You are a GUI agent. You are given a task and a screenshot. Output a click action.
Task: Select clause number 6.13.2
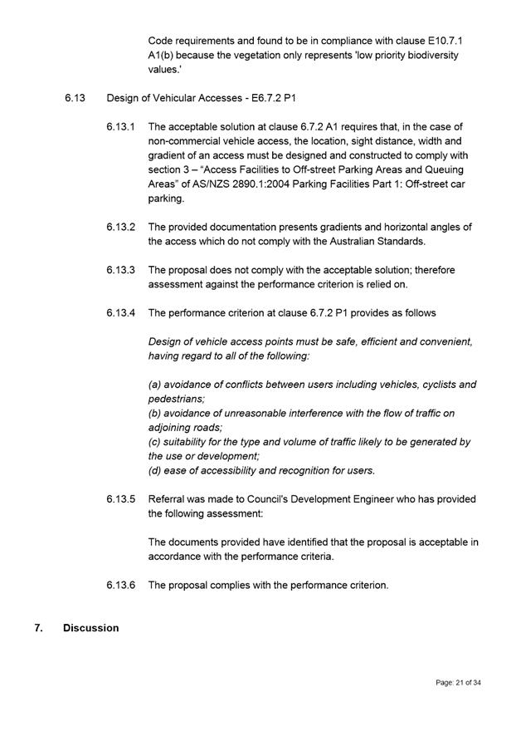tap(120, 227)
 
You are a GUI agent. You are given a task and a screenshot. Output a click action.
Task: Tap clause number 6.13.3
tap(120, 270)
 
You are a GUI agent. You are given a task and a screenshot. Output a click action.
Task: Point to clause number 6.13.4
tap(120, 312)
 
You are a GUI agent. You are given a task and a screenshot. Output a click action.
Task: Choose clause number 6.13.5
tap(120, 499)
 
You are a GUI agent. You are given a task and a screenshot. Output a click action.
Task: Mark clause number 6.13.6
tap(120, 585)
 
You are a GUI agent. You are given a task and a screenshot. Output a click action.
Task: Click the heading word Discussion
tap(90, 628)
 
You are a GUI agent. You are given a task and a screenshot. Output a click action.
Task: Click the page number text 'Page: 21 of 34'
tap(458, 683)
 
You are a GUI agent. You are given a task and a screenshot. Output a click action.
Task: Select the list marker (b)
tap(155, 413)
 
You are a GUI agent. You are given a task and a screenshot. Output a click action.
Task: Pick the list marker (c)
tap(155, 442)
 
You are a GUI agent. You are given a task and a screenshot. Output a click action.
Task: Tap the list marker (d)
tap(155, 470)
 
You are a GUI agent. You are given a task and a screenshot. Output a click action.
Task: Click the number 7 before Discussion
tap(38, 628)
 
